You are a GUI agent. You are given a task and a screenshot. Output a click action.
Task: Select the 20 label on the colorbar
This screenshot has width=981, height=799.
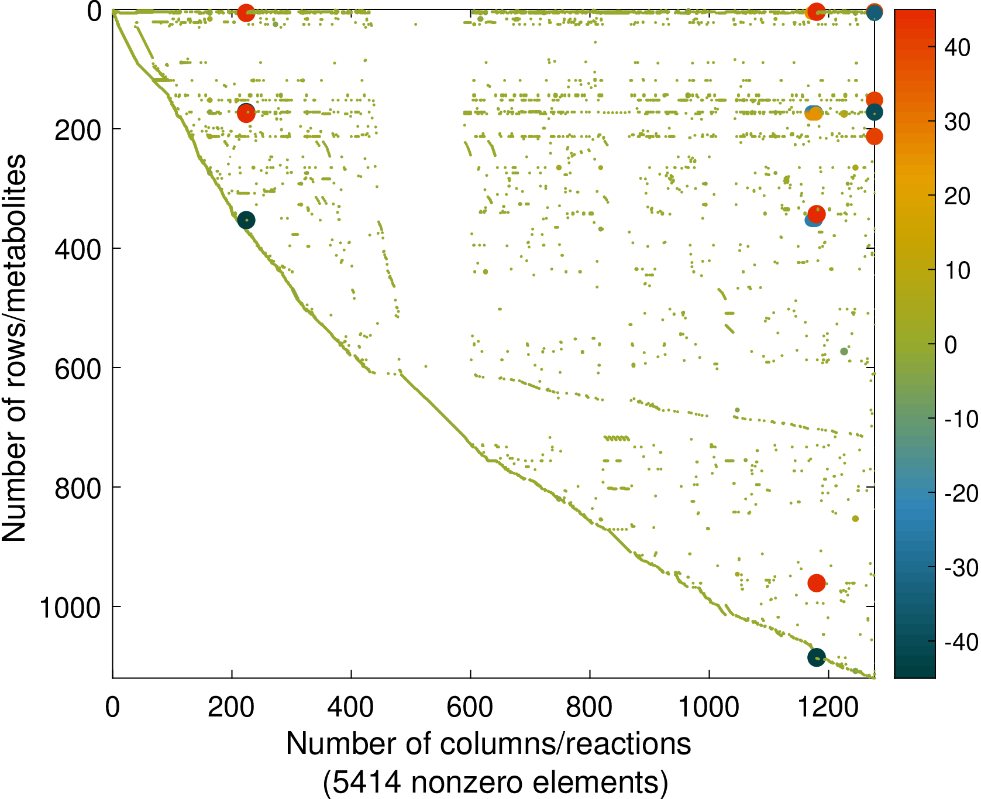[958, 197]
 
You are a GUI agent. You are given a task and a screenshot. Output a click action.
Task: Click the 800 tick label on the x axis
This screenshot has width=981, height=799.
[589, 708]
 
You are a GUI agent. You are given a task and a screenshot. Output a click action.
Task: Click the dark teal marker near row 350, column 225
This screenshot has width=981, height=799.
[246, 220]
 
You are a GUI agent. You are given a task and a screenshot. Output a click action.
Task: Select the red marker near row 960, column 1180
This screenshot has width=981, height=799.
[816, 583]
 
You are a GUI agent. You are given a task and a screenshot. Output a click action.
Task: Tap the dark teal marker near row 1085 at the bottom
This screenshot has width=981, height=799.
[816, 657]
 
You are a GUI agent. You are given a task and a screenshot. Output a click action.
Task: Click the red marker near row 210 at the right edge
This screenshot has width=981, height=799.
[874, 136]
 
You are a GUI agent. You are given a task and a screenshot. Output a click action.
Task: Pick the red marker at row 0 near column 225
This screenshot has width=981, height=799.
[246, 12]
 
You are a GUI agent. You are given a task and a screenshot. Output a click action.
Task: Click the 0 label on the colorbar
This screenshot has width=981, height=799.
[951, 345]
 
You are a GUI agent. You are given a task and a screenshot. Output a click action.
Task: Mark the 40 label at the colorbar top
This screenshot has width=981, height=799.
[958, 48]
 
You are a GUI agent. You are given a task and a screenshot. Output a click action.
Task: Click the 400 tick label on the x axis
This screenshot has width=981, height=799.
[350, 708]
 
